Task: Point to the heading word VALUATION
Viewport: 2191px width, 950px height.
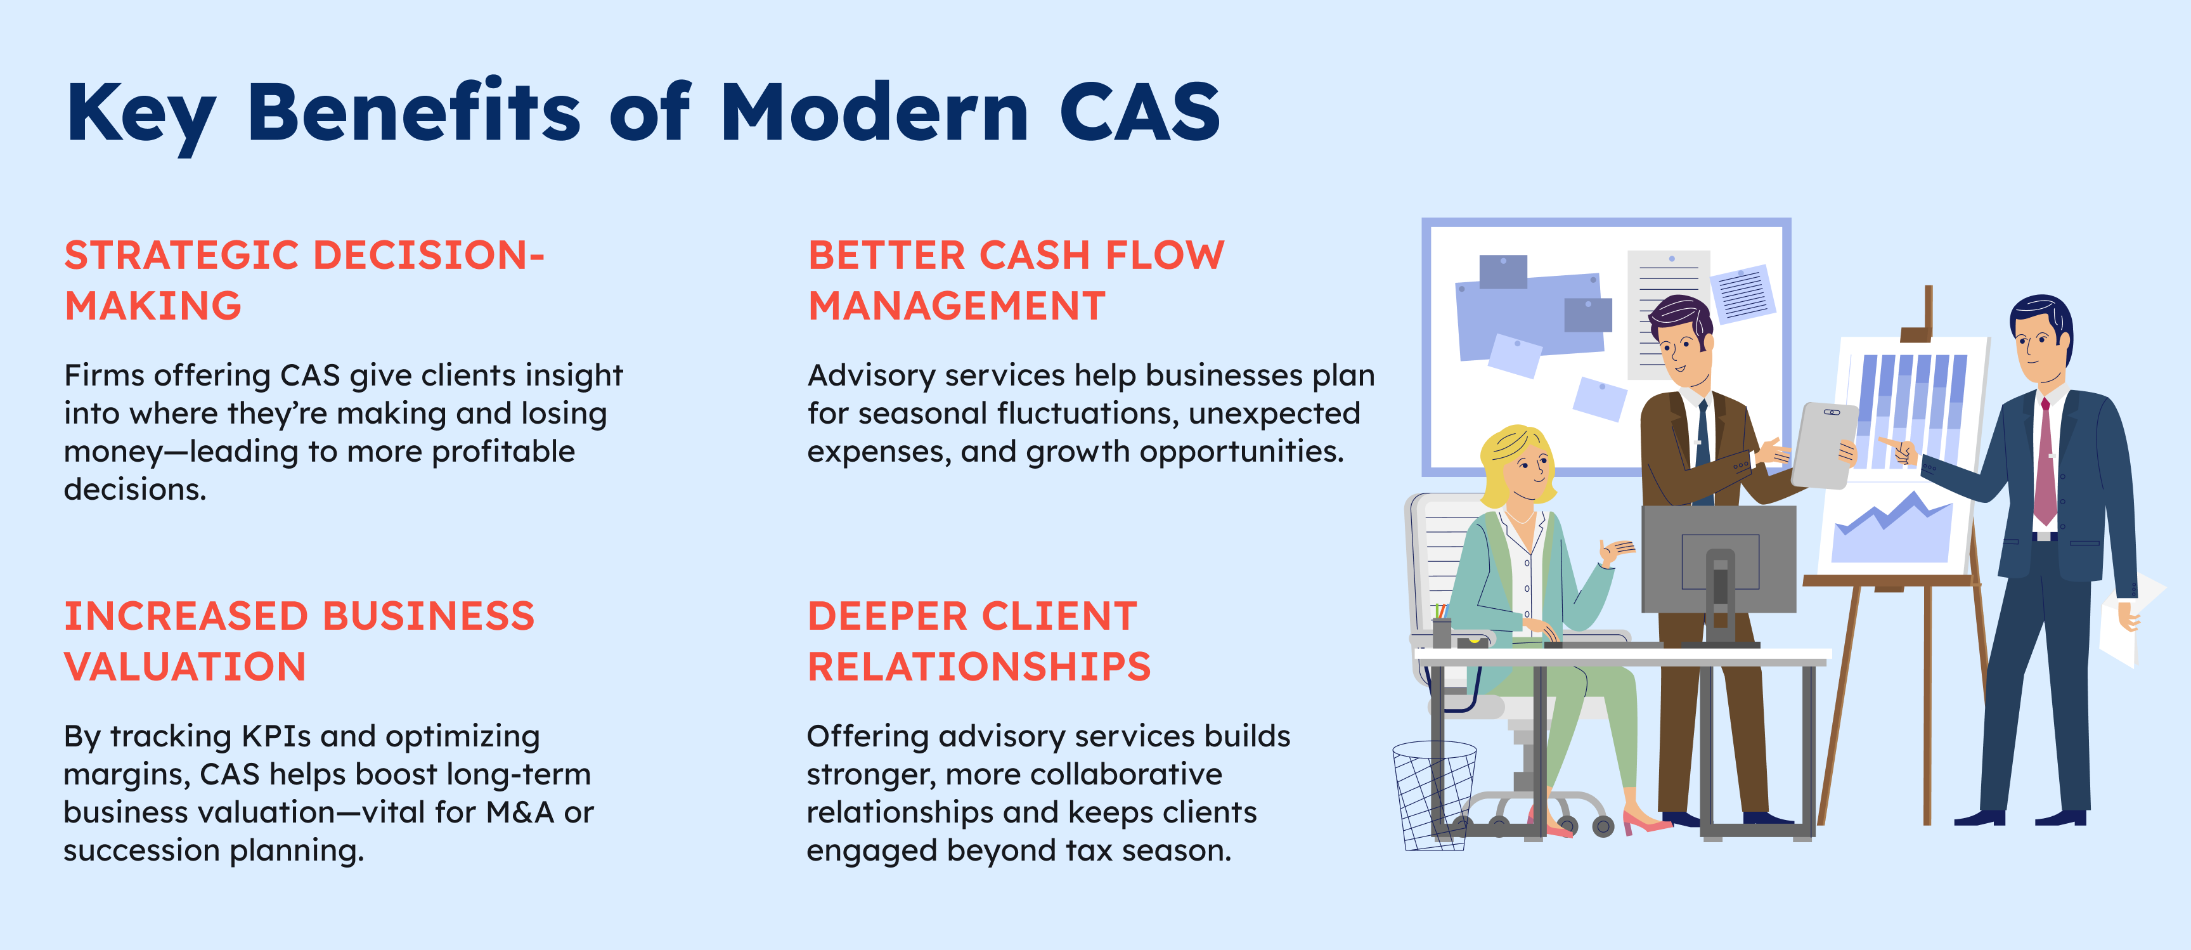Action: click(184, 667)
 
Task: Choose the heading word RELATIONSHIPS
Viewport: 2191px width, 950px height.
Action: click(979, 667)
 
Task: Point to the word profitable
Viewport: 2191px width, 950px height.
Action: click(503, 452)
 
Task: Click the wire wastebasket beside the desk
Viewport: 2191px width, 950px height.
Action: click(1434, 795)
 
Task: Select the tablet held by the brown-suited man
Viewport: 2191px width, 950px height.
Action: click(1825, 445)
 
